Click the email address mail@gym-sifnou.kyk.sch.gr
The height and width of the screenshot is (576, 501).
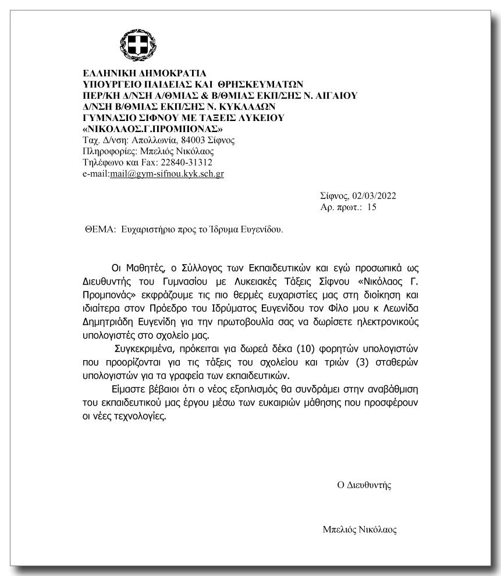[167, 174]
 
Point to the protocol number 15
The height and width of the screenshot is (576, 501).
[372, 207]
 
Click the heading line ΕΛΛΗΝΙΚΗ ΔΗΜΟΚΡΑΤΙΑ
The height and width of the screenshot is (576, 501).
[144, 73]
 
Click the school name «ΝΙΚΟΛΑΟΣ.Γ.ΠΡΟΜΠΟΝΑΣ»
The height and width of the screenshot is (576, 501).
[154, 129]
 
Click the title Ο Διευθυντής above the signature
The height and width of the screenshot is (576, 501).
[364, 485]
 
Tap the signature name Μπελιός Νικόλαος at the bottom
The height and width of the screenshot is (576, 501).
[360, 530]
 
